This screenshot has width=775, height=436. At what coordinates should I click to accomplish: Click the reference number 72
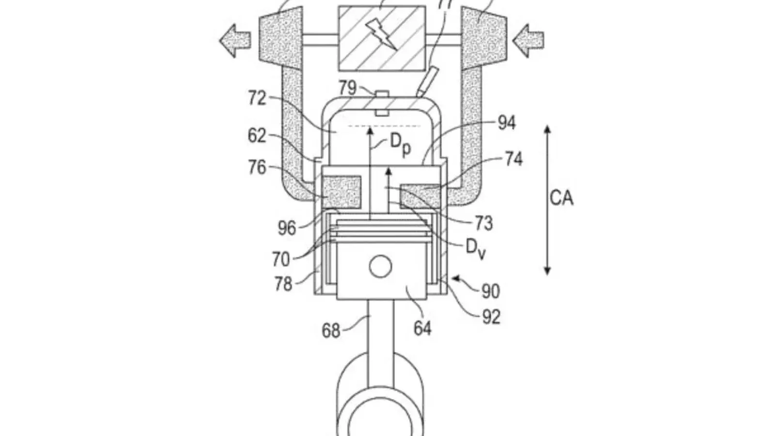point(257,98)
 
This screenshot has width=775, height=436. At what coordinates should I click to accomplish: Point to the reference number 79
point(347,88)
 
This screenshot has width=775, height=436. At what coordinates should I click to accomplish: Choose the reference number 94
point(507,123)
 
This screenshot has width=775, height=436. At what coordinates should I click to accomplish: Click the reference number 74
point(513,159)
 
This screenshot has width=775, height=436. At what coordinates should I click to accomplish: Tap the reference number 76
point(257,168)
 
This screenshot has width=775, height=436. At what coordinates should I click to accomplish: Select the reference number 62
point(257,136)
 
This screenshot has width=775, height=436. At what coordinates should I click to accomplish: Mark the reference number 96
point(287,228)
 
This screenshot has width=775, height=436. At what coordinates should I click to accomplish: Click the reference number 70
point(280,260)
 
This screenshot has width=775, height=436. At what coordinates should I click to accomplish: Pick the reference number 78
point(283,284)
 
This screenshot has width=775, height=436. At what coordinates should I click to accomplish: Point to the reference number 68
point(331,331)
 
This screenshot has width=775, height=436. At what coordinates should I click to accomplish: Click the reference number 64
point(422,328)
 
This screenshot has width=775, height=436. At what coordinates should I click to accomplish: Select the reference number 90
point(491,292)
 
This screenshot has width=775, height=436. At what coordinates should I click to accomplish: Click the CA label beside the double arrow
point(561,198)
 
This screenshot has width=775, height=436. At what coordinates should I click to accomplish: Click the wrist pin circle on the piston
point(380,266)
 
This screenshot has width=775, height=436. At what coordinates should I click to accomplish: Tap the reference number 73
point(483,223)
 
